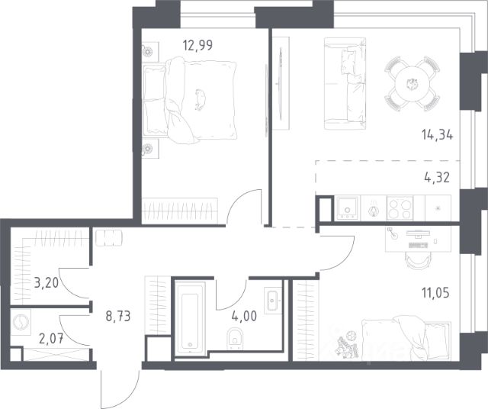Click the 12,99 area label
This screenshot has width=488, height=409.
click(x=197, y=46)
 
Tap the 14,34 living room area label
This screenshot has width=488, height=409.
click(x=437, y=135)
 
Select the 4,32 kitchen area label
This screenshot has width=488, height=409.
click(x=437, y=178)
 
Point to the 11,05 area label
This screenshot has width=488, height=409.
click(x=435, y=293)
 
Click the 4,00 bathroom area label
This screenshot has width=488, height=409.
click(x=244, y=316)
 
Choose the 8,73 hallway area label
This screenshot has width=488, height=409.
click(x=118, y=316)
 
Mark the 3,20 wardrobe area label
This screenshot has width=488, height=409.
click(x=46, y=283)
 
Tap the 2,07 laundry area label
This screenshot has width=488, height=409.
click(x=51, y=338)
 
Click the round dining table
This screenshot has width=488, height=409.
click(x=413, y=83)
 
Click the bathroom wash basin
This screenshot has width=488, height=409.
click(x=273, y=301)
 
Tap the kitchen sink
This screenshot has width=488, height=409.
click(x=347, y=208)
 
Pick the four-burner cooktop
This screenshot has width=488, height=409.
click(x=400, y=208)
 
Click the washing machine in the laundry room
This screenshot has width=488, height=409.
click(x=21, y=322)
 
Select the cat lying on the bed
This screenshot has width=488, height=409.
click(x=200, y=100)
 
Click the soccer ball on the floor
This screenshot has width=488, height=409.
click(x=352, y=336)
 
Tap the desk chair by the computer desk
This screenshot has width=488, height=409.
click(x=419, y=260)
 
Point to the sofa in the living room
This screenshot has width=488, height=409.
click(x=345, y=83)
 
